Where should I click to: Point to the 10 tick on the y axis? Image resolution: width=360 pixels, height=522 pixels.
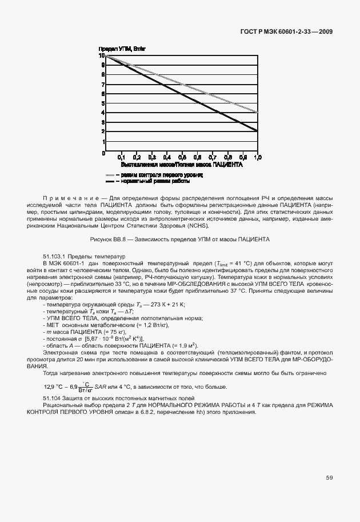(102, 56)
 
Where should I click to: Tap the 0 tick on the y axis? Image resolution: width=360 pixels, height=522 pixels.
(103, 153)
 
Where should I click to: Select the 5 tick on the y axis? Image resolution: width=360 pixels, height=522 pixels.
(103, 103)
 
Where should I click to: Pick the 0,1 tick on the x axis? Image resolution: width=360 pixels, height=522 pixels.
(121, 157)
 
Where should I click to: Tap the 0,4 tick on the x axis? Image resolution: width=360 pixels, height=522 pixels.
(167, 157)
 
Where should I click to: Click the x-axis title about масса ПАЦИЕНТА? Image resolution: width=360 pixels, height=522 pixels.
(182, 164)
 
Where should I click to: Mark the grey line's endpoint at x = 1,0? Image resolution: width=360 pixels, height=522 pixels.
(258, 112)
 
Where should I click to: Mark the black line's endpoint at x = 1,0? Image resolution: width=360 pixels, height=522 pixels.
(258, 132)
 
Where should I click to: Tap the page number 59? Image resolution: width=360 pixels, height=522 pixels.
(329, 477)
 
